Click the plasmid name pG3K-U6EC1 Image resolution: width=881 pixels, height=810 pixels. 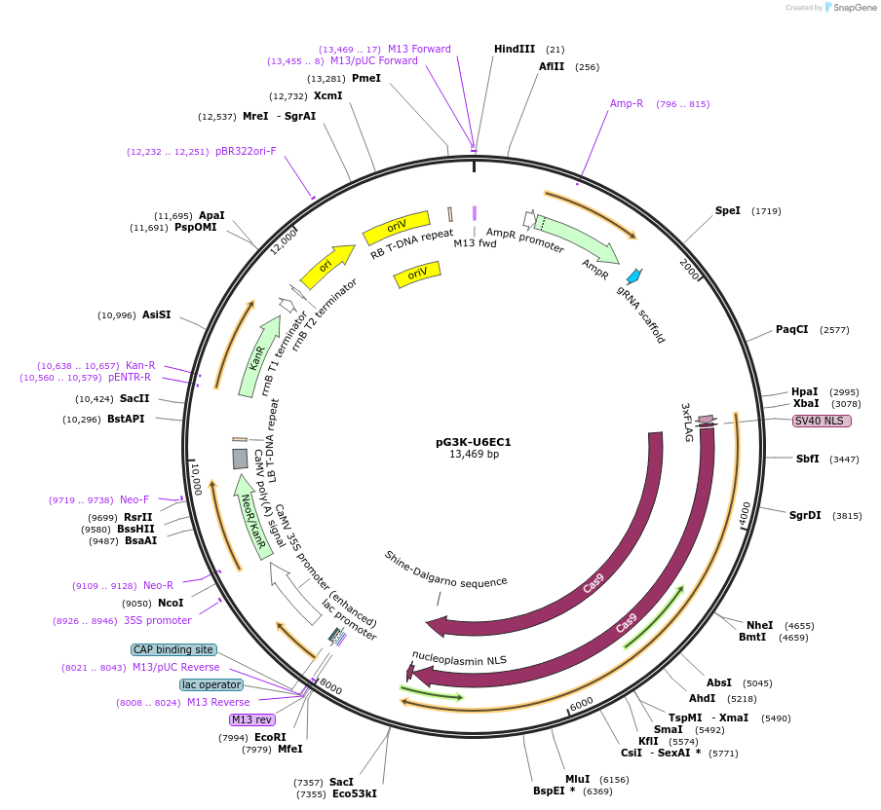tap(473, 441)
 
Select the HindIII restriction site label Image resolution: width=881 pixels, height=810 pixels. tap(515, 49)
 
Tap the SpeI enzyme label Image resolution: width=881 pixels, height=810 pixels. tap(727, 210)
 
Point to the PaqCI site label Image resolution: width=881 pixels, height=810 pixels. tap(791, 329)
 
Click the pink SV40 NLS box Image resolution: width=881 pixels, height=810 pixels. tap(822, 421)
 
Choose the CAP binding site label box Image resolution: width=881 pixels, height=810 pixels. tap(172, 649)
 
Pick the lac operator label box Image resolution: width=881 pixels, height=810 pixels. tap(211, 684)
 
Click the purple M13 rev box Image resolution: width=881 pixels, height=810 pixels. tap(251, 719)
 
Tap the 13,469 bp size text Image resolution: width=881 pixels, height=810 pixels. tap(474, 455)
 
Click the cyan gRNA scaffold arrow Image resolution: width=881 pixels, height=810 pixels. tap(634, 276)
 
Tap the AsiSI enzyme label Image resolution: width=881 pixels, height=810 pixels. tap(156, 314)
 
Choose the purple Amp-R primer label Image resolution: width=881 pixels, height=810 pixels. tap(627, 103)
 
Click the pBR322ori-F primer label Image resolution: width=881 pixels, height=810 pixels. tap(246, 151)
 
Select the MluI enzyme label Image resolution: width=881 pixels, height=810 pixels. tap(577, 779)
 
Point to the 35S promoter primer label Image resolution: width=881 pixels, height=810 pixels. tap(157, 620)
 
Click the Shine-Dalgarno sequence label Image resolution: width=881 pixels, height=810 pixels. tap(445, 569)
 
